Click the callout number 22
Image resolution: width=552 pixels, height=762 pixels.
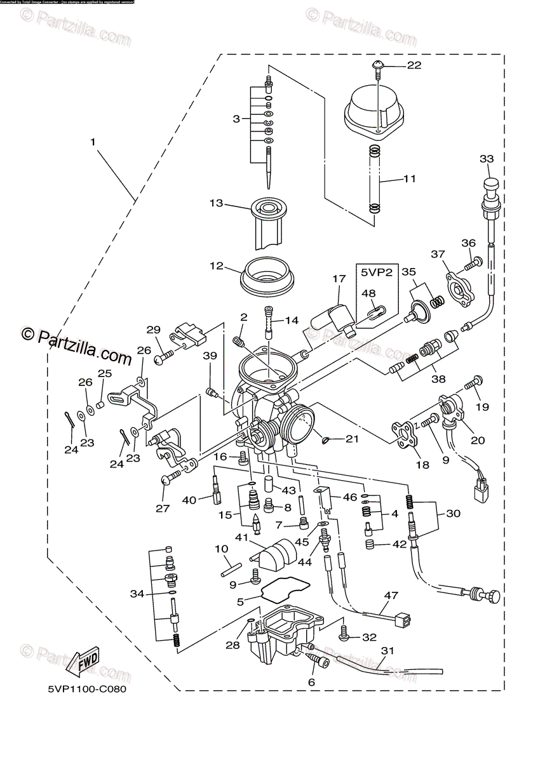pos(414,65)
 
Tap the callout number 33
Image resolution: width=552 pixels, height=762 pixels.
pos(486,158)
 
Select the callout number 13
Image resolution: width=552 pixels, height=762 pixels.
pos(217,203)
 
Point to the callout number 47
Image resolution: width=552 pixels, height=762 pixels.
pos(391,595)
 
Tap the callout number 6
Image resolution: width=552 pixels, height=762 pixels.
pos(311,682)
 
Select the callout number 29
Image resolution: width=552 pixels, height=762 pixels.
pos(154,330)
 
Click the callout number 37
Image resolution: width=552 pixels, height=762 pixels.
pos(438,255)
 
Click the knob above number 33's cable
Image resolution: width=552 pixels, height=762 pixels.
pos(490,185)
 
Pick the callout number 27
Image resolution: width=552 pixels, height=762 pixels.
pos(163,508)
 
